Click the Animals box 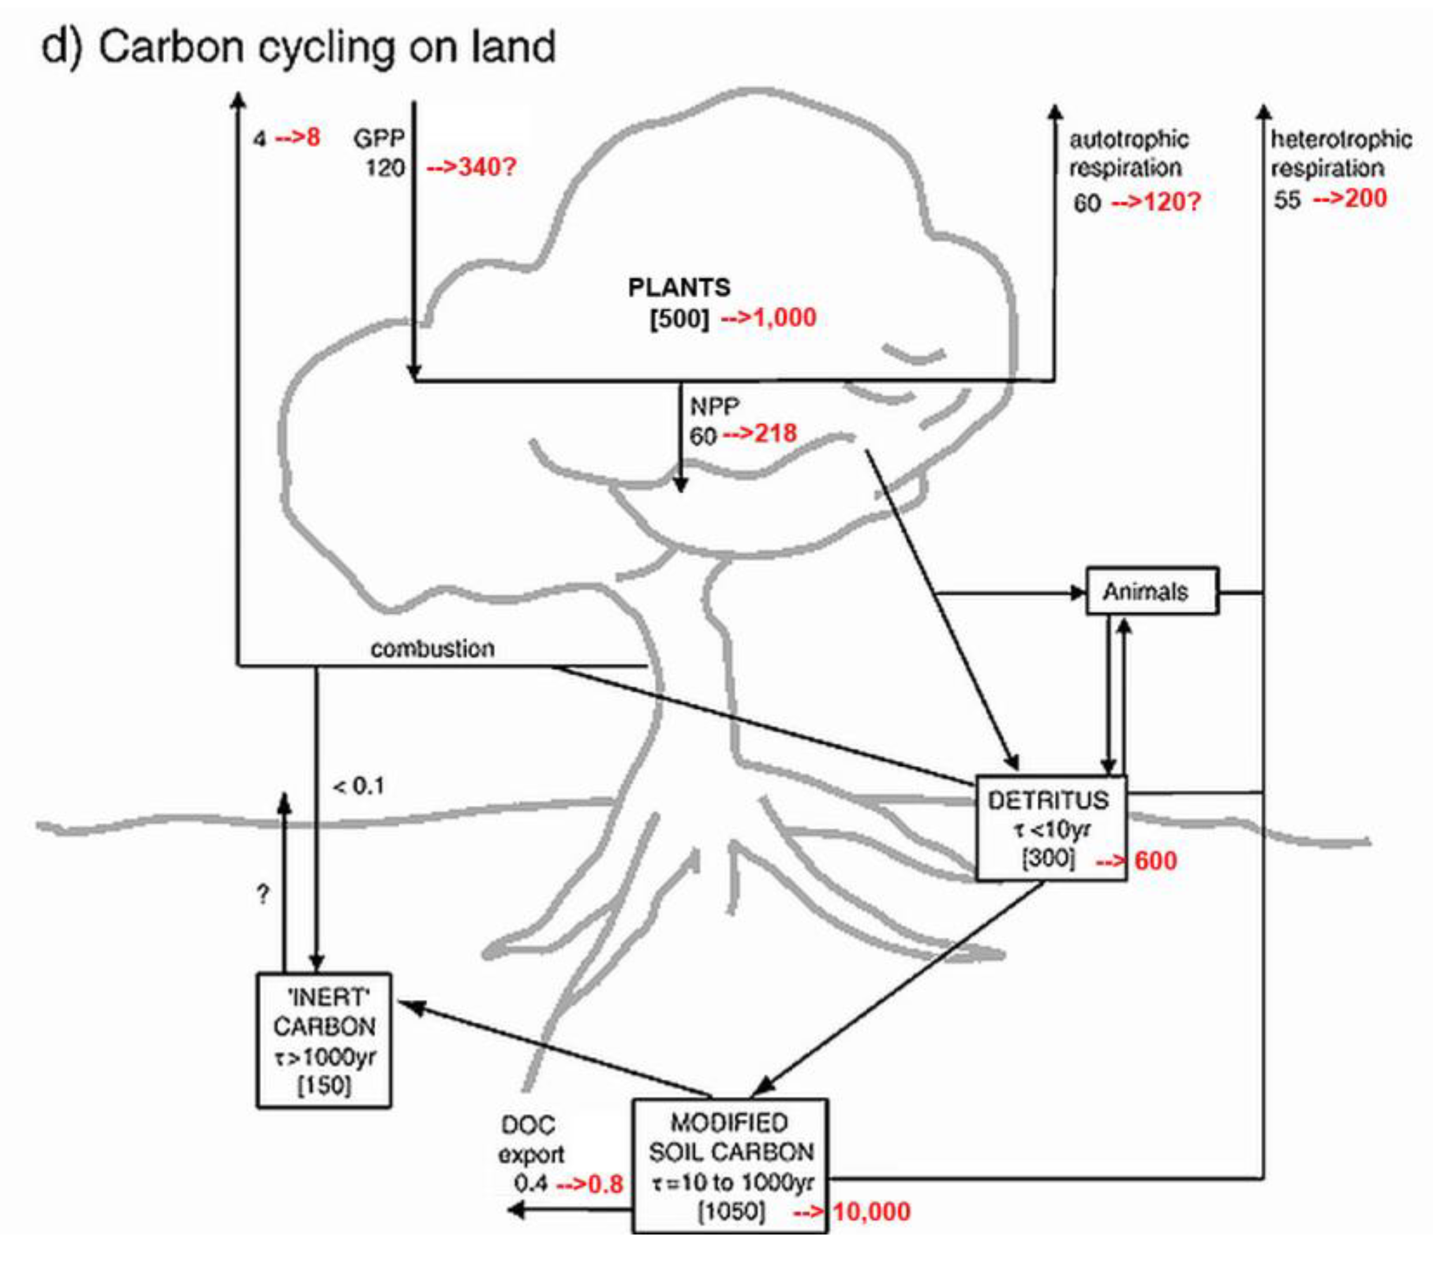[1152, 591]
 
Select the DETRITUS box [1051, 828]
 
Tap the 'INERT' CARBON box [324, 1040]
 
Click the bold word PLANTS [679, 287]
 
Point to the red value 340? [486, 167]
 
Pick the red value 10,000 [871, 1211]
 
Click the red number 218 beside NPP [776, 433]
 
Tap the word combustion [432, 649]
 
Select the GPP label [379, 138]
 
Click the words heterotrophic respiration [1340, 153]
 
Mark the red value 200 [1365, 199]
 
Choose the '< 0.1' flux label [359, 787]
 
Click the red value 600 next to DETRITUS [1155, 861]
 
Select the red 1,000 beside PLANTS [783, 317]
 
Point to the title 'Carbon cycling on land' [326, 48]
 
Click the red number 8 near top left [313, 137]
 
